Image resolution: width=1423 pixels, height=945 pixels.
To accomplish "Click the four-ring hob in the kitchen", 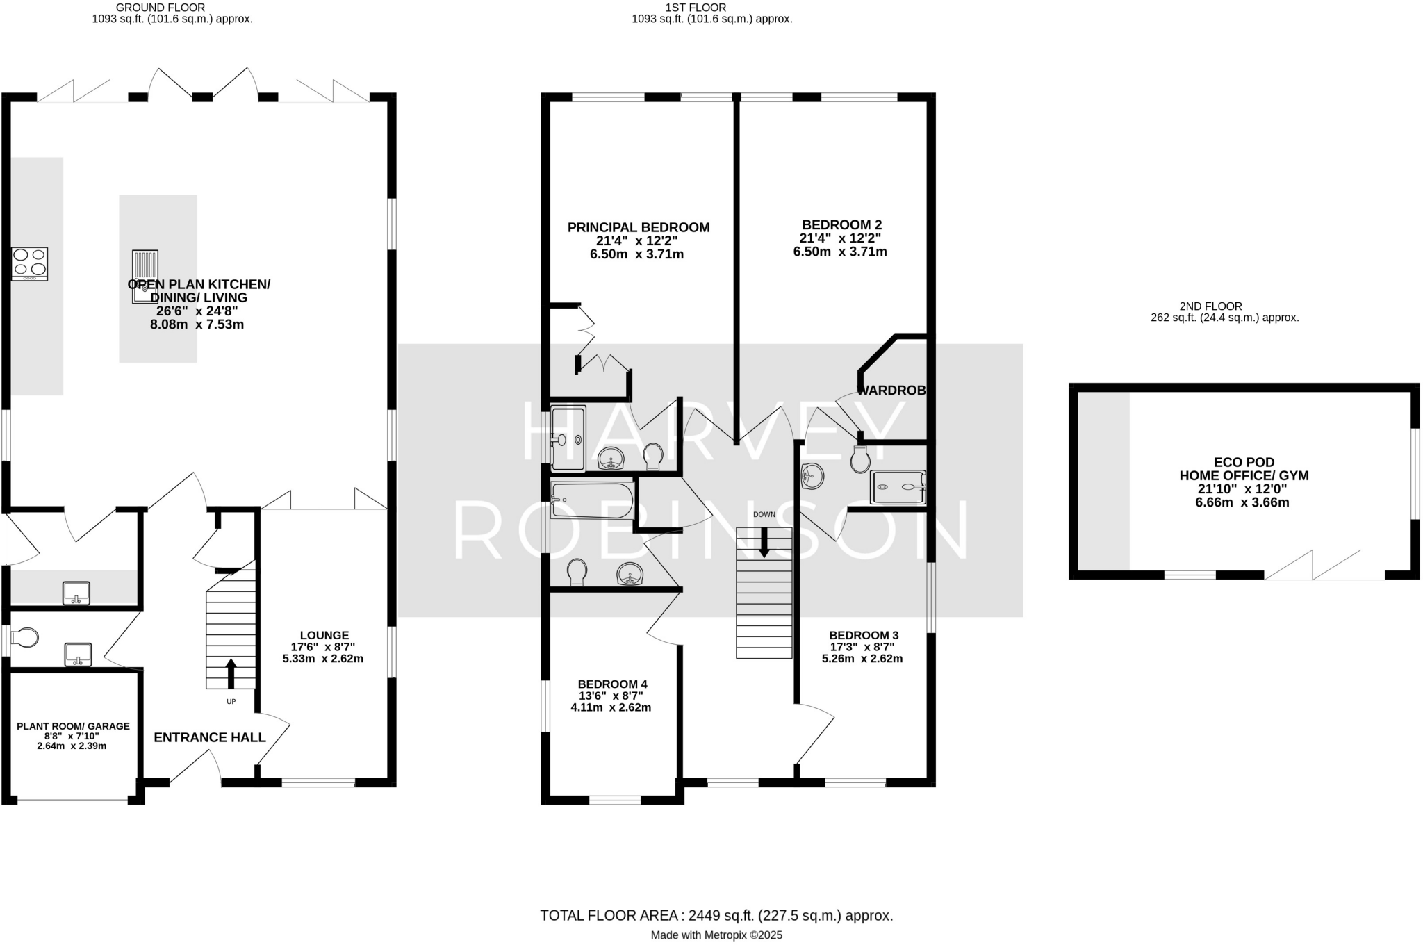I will [30, 264].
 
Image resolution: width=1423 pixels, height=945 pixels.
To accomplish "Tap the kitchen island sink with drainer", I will [145, 277].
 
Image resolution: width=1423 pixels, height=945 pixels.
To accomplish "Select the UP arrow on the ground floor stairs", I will [231, 673].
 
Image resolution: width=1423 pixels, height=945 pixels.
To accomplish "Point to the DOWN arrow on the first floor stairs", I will [764, 542].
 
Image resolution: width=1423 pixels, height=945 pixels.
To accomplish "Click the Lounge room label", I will [324, 635].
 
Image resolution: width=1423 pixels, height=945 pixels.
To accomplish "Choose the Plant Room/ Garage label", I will [73, 726].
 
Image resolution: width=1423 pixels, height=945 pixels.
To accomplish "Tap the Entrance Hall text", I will [210, 737].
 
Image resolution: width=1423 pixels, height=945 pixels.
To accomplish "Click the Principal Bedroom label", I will [638, 227].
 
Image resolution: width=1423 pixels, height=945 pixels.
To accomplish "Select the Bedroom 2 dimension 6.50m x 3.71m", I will [840, 252].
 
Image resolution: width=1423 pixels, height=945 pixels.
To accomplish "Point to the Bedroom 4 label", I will [612, 684].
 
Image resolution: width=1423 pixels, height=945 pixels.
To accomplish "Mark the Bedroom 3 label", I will [864, 635].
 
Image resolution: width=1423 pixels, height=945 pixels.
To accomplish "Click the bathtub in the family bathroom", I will [592, 499].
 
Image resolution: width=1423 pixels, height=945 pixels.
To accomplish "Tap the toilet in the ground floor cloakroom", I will [25, 638].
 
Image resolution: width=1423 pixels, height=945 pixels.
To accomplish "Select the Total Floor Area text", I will [716, 915].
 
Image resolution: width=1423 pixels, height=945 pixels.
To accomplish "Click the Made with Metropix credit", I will [716, 935].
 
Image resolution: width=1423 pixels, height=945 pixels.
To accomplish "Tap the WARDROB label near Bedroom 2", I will [891, 391].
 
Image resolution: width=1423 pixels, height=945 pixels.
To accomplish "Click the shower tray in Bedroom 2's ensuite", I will [898, 486].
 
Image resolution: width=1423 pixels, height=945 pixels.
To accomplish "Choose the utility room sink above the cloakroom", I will [76, 593].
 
